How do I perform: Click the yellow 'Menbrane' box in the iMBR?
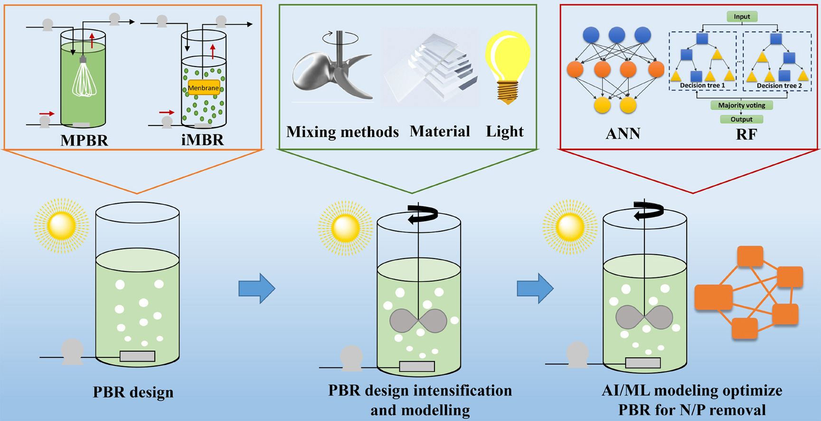[x=203, y=88]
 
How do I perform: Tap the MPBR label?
[x=84, y=140]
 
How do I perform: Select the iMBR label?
[x=203, y=140]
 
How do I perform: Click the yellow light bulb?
[x=507, y=64]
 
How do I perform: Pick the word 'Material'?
[x=440, y=131]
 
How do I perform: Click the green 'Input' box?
[x=742, y=17]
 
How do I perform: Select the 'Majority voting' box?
[x=741, y=105]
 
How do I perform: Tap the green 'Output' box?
[x=741, y=119]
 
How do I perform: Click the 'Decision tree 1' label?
[x=702, y=86]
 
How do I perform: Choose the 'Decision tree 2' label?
[x=779, y=86]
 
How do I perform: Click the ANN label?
[x=623, y=134]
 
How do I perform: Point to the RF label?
[x=746, y=134]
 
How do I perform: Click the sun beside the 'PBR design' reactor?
[x=61, y=226]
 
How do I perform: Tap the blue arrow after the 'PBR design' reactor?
[x=256, y=288]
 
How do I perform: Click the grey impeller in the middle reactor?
[x=418, y=320]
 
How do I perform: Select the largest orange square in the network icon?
[x=713, y=297]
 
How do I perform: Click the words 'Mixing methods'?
[x=342, y=132]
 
